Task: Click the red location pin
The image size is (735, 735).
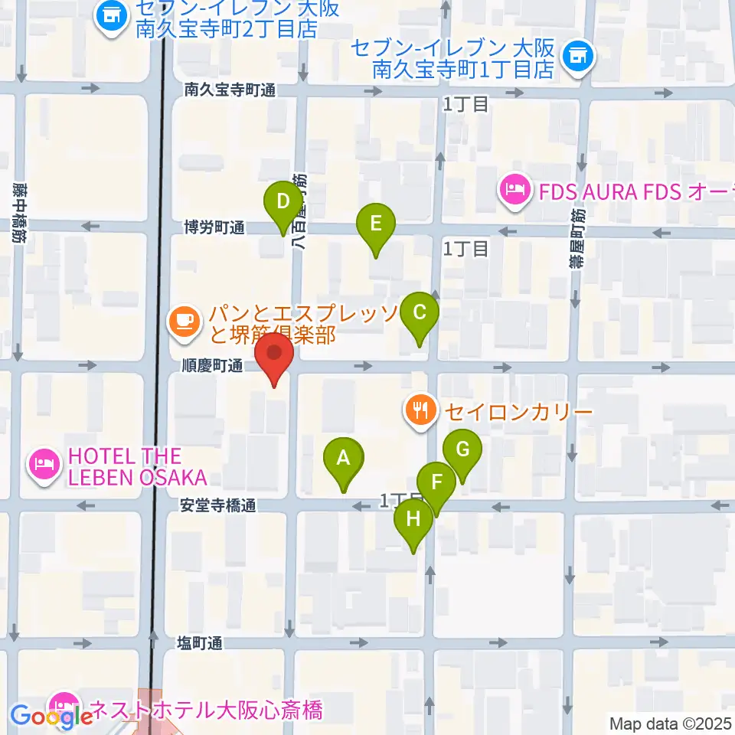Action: pyautogui.click(x=273, y=360)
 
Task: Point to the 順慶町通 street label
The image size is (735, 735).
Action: pyautogui.click(x=213, y=367)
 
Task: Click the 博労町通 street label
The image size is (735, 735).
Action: pyautogui.click(x=214, y=227)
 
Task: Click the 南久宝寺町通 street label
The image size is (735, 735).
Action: pyautogui.click(x=230, y=90)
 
